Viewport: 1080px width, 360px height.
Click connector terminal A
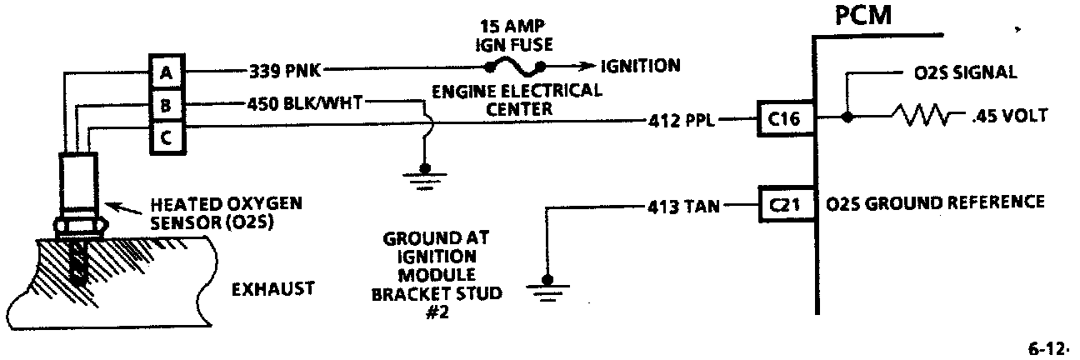(167, 72)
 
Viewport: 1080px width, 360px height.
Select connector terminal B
(167, 105)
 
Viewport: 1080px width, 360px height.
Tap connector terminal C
(167, 138)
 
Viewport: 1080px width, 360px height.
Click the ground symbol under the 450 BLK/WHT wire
(423, 172)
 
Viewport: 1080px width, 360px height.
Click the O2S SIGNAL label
(960, 72)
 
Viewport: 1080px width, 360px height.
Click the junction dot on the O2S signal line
(847, 118)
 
